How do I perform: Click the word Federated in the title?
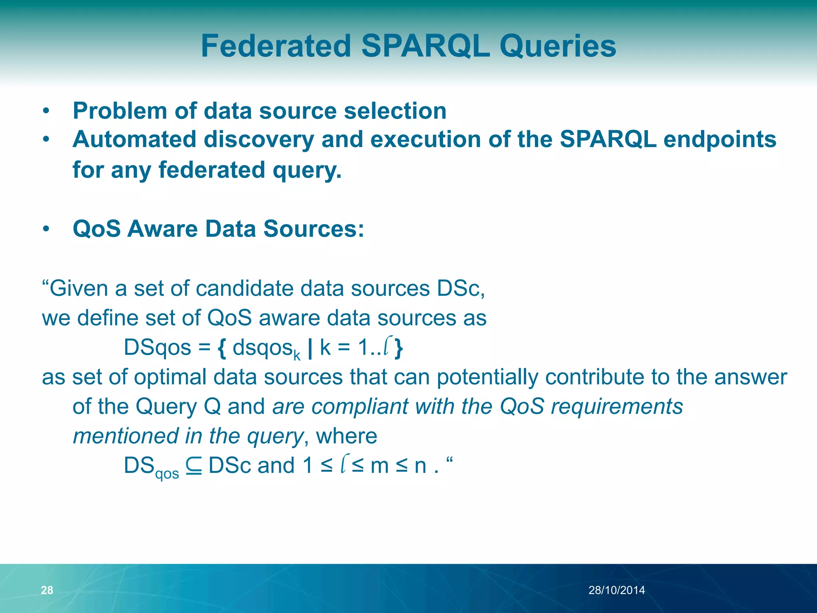click(x=276, y=46)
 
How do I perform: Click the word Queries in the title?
click(x=558, y=46)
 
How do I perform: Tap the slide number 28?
click(x=47, y=590)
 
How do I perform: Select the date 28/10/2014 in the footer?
click(x=616, y=590)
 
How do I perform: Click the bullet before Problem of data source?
click(x=46, y=111)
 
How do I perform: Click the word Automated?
click(x=134, y=139)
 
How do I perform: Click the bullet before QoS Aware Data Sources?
click(x=46, y=229)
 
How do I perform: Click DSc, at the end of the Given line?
click(x=460, y=288)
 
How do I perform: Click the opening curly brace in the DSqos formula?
click(x=222, y=348)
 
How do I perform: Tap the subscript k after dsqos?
click(x=297, y=355)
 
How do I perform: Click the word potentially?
click(x=487, y=377)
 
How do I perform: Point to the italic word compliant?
click(x=359, y=407)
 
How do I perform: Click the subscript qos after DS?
click(x=167, y=474)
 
